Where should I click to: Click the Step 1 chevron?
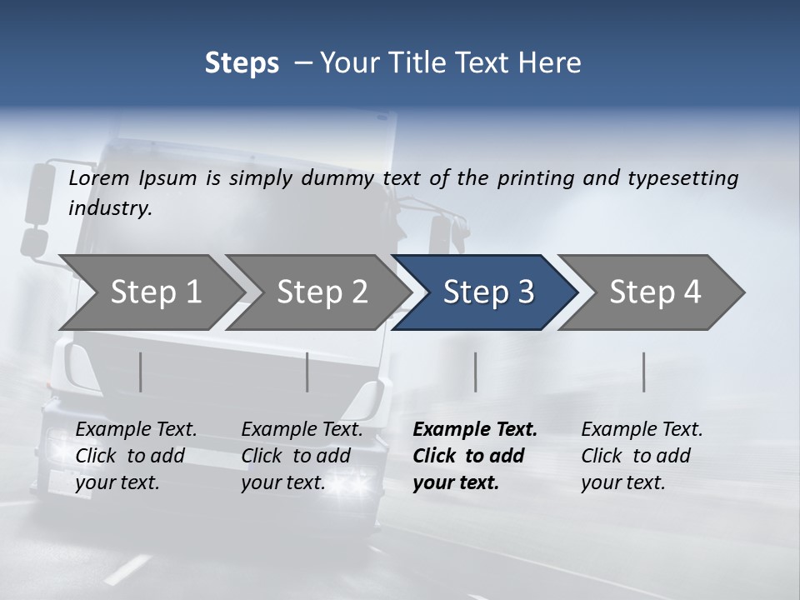[156, 292]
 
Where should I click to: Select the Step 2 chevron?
[322, 292]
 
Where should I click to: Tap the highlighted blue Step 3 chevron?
[488, 292]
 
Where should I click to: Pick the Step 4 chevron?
[655, 292]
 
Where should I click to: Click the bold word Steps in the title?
[242, 62]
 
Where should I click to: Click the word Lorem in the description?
[99, 177]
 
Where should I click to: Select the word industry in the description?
[110, 208]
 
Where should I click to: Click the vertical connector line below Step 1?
[141, 372]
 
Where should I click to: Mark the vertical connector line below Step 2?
[307, 372]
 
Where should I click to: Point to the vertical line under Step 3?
[475, 372]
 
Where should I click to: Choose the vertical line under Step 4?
[643, 372]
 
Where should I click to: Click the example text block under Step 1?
[136, 456]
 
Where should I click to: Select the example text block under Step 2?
[302, 456]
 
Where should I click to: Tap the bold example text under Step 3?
[474, 456]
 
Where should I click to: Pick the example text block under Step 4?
[642, 456]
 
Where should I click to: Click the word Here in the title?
[554, 62]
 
